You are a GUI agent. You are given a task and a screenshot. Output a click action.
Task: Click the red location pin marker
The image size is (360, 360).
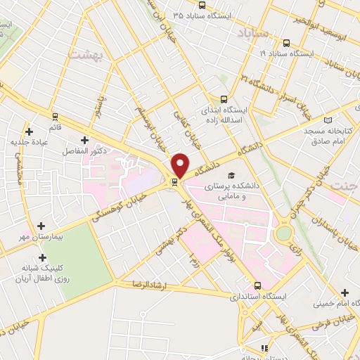coord(181,164)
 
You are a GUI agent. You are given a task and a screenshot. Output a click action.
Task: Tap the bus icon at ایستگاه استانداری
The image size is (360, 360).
coord(258,285)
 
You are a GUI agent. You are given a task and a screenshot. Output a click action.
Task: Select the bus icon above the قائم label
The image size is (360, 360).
coord(55,116)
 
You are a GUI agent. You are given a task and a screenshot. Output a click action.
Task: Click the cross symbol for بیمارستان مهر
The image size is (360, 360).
coord(41,226)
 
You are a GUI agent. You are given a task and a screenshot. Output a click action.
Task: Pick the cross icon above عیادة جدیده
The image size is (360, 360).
coord(29,131)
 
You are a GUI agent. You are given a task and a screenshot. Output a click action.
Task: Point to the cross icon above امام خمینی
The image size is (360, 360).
coord(345,292)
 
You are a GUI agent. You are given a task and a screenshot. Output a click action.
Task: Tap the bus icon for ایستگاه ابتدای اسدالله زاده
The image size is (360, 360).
coord(224,99)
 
